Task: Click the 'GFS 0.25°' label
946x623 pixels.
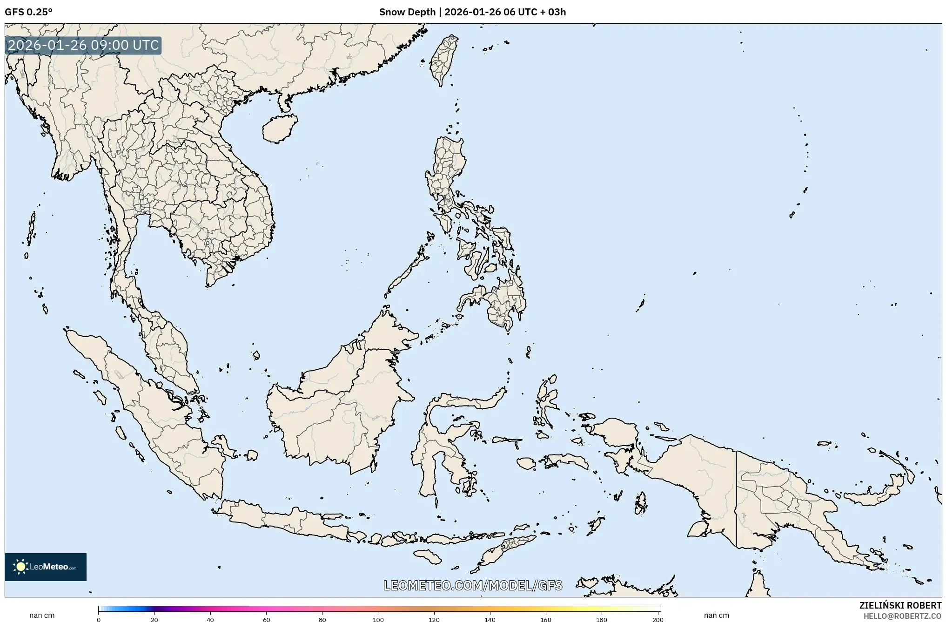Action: click(28, 12)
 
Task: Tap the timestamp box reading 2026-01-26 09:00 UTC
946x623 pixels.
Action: click(83, 45)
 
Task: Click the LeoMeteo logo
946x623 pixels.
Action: click(46, 567)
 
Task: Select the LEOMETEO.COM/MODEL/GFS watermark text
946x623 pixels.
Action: click(473, 585)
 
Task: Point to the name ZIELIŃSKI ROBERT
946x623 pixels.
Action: click(900, 605)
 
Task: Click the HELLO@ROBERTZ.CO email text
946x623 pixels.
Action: click(902, 616)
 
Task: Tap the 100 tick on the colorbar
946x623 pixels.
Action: click(378, 619)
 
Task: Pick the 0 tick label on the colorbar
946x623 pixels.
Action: click(98, 619)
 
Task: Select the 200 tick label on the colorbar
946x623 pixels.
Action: click(658, 619)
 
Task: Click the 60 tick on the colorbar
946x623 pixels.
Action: click(266, 619)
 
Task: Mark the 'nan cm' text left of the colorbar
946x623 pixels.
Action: click(42, 616)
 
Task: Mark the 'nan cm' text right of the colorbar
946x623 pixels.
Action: click(717, 616)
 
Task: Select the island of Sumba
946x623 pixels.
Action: click(427, 556)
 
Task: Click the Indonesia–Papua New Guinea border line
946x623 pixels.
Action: click(736, 498)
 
